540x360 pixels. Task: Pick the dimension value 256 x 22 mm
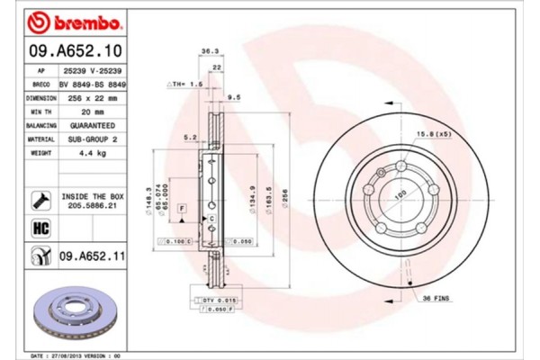93,97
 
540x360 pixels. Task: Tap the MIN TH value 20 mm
93,111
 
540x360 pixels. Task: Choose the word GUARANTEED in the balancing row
93,125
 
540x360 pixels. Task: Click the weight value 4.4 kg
93,153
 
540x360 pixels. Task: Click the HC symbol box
41,229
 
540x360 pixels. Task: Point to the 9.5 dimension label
234,96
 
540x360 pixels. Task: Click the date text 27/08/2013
73,355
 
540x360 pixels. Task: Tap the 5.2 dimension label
190,137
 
